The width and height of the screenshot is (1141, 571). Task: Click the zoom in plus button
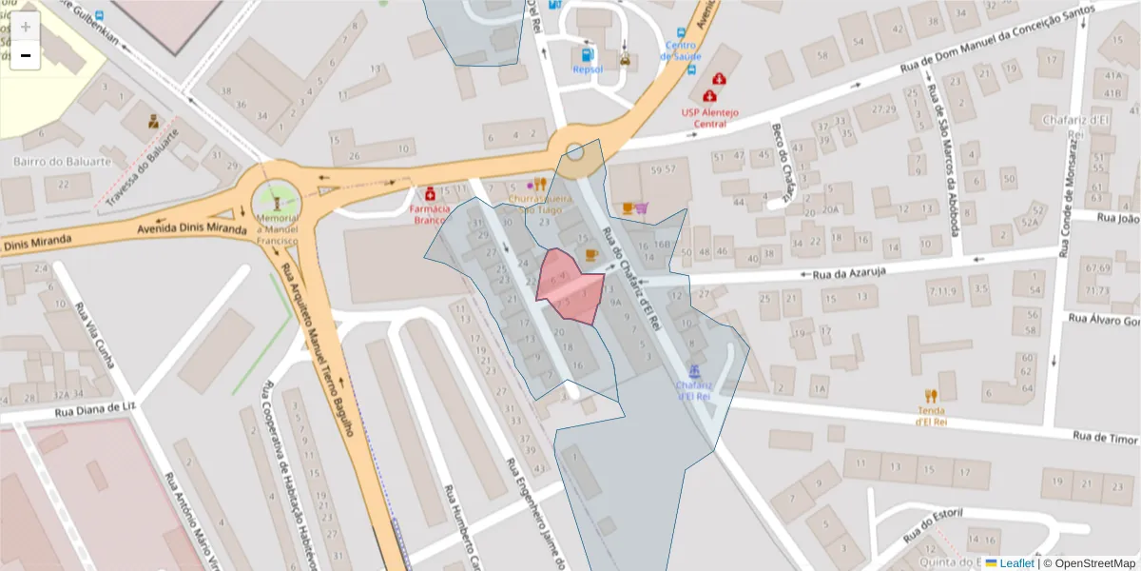pos(25,27)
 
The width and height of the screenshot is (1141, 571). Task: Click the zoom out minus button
pos(25,55)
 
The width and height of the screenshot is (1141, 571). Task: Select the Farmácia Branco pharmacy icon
pos(431,192)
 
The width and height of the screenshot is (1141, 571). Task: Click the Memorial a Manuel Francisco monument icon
pos(277,202)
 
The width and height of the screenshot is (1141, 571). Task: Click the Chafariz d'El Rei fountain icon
pos(694,370)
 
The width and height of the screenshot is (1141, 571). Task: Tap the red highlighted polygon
pos(569,285)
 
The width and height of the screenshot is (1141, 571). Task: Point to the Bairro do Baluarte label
pos(62,161)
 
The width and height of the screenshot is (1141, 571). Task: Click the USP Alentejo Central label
pos(710,117)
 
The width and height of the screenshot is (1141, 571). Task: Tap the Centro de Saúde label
pos(682,50)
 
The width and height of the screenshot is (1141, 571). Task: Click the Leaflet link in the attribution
pos(1015,563)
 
